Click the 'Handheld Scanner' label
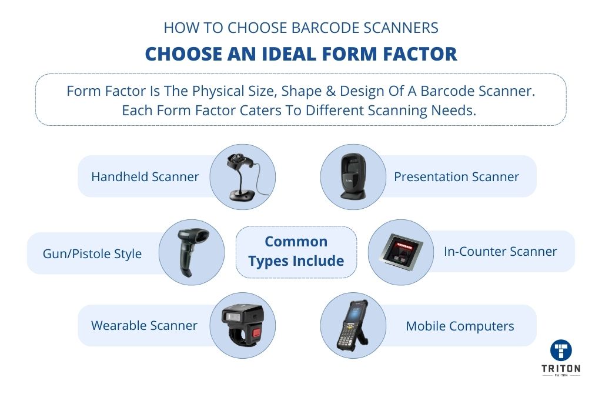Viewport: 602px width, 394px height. tap(145, 176)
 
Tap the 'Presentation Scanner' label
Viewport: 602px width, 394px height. tap(456, 176)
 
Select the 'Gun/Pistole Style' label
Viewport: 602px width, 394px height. tap(92, 254)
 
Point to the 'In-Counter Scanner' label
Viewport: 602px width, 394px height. tap(500, 252)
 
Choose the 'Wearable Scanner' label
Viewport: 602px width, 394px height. tap(145, 326)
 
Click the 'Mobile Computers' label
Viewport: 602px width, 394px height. tap(460, 326)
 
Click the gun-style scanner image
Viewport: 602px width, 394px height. tap(192, 252)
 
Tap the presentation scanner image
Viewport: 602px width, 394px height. tap(353, 176)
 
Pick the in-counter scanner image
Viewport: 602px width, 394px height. tap(400, 252)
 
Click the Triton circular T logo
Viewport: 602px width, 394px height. tap(561, 350)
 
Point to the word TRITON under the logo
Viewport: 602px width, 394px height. tap(561, 369)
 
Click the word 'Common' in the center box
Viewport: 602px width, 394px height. tap(296, 242)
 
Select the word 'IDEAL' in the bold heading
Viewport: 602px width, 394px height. tap(292, 54)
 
